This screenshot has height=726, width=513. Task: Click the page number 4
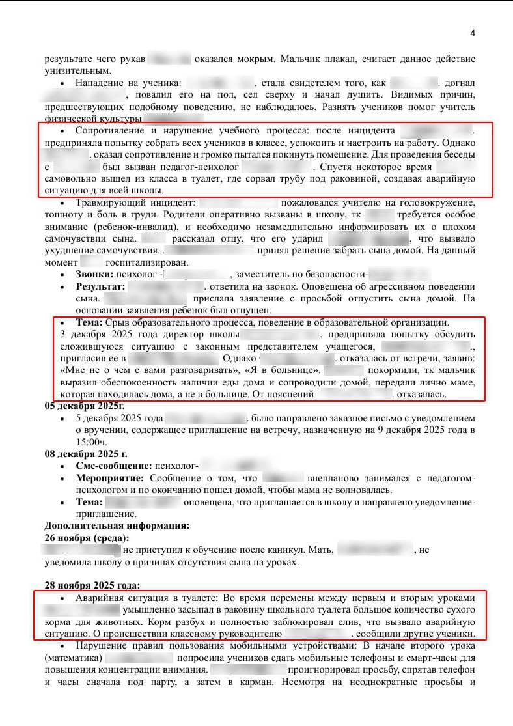473,33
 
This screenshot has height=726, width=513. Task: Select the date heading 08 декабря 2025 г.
85,453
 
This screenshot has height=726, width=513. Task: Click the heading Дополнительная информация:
117,525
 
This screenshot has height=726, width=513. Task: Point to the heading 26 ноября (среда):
86,537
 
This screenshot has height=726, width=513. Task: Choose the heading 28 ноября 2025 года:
91,585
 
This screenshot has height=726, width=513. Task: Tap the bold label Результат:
100,286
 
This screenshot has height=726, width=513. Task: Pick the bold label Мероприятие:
109,478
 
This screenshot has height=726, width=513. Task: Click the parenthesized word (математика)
74,658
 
